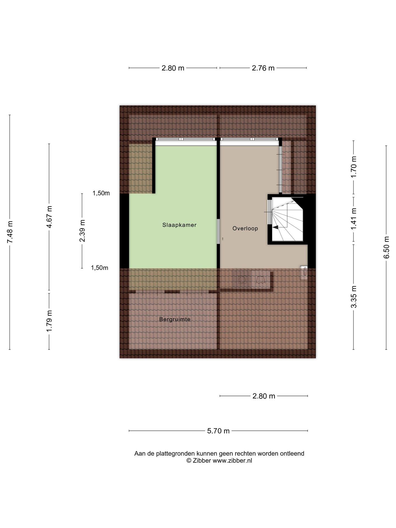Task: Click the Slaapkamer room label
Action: coord(179,225)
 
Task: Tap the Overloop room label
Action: coord(245,228)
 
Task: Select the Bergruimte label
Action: coord(175,319)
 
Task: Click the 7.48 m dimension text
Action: coord(10,232)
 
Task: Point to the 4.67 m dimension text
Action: coord(49,217)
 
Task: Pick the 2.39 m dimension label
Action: coord(82,230)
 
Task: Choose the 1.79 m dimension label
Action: coord(49,321)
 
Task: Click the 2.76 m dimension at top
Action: coord(263,68)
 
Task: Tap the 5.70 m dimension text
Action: coord(218,431)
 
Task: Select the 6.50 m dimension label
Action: coord(386,247)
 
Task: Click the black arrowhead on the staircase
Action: coord(275,227)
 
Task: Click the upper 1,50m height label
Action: coord(101,193)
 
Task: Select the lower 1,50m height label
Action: coord(100,268)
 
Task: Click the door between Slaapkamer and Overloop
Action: coord(218,231)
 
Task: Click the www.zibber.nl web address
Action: coord(232,461)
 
